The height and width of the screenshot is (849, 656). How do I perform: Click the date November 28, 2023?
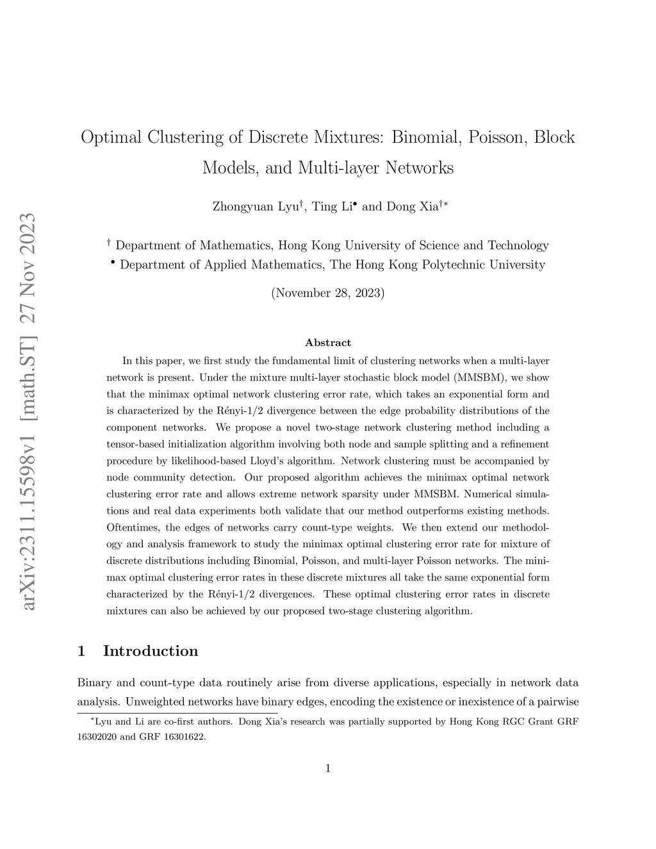click(328, 293)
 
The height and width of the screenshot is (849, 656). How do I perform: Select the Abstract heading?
click(328, 343)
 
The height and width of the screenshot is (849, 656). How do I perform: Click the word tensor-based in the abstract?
click(136, 444)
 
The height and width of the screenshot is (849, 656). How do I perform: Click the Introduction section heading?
click(151, 651)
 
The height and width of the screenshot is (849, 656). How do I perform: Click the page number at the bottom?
click(328, 769)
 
